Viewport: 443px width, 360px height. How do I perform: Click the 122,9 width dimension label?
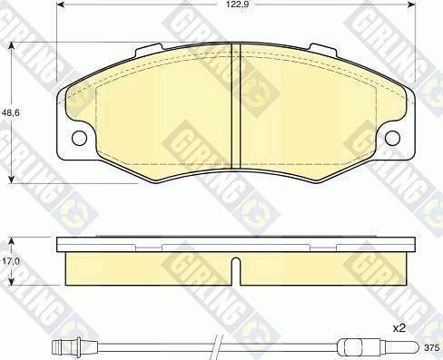coord(237,5)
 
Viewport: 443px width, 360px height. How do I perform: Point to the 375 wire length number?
coord(431,346)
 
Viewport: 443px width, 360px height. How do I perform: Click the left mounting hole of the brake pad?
coord(78,138)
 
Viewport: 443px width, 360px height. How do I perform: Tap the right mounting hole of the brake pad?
coord(393,138)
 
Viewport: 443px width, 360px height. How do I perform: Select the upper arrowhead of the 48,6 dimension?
coord(11,48)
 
